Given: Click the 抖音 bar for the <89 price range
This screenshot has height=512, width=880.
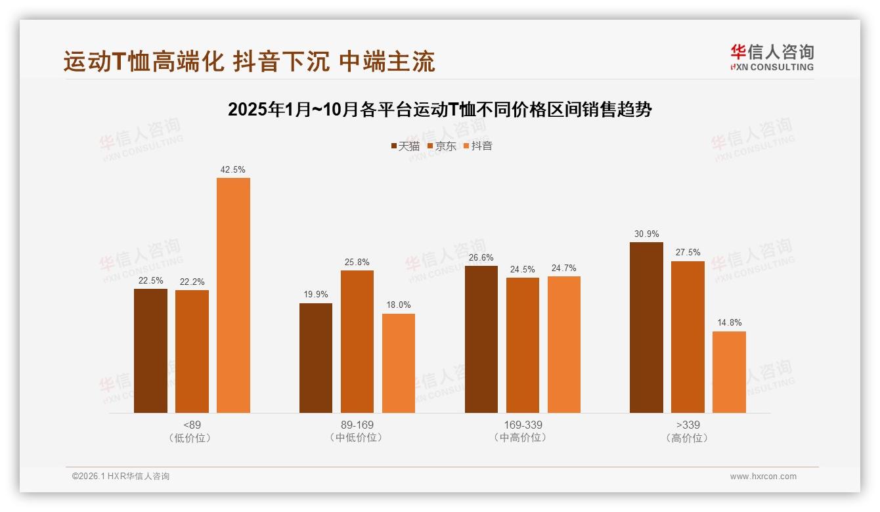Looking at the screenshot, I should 233,295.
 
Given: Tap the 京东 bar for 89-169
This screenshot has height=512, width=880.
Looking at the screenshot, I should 357,341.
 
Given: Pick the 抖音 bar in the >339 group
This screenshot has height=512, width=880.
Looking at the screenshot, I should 729,372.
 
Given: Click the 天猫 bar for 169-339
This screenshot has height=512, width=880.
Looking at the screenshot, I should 481,339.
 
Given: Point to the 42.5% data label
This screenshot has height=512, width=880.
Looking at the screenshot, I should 233,169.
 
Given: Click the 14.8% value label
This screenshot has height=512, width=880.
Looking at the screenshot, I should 729,322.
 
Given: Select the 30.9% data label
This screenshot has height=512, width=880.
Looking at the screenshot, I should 646,234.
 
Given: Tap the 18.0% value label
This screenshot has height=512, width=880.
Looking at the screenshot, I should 399,305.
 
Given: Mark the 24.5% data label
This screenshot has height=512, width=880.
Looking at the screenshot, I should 522,269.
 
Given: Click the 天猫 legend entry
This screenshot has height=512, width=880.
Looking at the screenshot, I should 405,146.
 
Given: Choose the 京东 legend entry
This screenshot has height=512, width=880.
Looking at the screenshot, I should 441,146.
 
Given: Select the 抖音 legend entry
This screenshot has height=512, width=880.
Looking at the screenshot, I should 477,146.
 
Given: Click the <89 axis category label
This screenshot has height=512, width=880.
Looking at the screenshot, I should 192,425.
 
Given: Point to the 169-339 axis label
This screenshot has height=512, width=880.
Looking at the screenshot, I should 523,425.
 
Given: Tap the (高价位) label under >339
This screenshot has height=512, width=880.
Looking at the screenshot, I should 688,438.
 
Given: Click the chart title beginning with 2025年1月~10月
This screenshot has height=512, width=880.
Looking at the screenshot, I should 439,110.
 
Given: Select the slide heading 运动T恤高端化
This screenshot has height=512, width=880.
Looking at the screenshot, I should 249,62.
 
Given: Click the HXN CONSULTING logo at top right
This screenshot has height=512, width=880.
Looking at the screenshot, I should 772,57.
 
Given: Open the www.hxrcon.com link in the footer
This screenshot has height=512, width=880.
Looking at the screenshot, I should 763,476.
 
